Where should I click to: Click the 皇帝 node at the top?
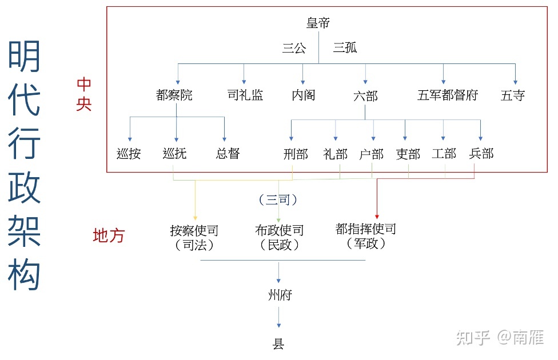pos(318,23)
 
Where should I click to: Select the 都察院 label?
pos(174,95)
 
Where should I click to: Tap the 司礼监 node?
pos(245,95)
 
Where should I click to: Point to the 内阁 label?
pos(304,95)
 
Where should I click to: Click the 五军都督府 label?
pos(448,95)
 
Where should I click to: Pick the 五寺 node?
pos(513,95)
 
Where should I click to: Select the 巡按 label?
pos(129,154)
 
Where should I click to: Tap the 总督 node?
pos(228,154)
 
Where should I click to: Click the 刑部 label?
pos(296,154)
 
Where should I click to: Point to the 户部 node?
pos(372,154)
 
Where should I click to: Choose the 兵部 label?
pos(481,154)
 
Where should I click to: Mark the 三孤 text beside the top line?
pos(345,48)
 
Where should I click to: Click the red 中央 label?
pos(84,95)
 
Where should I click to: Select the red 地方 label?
pos(109,235)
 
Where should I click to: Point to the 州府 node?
pos(280,295)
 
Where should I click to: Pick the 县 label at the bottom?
pos(279,344)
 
